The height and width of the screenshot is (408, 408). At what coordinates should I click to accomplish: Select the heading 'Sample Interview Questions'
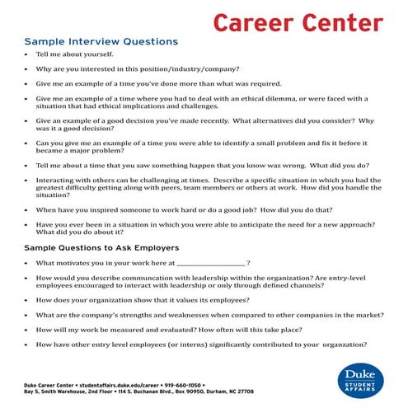pyautogui.click(x=101, y=41)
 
